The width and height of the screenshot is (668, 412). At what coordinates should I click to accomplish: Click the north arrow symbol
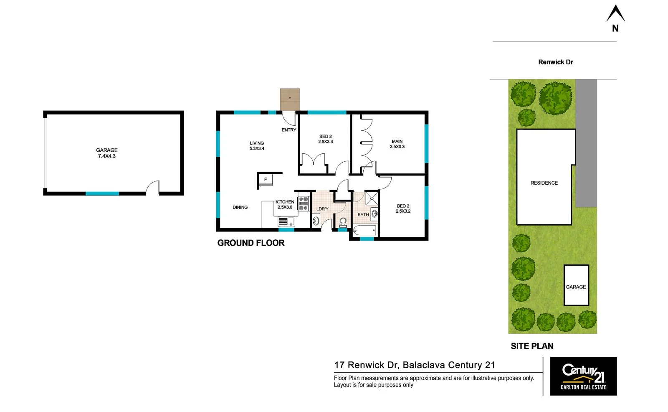[615, 14]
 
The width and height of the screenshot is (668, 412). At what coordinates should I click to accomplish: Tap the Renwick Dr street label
[555, 62]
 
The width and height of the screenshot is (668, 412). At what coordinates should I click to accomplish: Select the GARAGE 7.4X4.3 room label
[107, 153]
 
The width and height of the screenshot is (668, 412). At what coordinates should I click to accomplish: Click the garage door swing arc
[153, 187]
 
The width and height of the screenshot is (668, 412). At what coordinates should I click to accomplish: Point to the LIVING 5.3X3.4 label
[257, 145]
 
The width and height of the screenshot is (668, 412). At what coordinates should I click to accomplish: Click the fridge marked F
[266, 179]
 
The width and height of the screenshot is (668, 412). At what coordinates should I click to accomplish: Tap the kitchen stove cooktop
[304, 203]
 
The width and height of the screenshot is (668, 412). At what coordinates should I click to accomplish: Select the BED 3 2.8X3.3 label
[325, 139]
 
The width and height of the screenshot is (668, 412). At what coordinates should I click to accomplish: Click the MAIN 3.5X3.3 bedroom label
[397, 144]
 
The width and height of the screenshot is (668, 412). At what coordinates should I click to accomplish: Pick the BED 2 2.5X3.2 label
[403, 208]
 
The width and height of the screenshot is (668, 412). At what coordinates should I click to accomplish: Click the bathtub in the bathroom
[365, 230]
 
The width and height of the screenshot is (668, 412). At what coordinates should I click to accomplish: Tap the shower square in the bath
[372, 198]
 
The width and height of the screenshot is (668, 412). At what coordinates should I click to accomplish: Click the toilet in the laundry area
[343, 222]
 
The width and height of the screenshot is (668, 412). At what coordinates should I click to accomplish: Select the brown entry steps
[290, 99]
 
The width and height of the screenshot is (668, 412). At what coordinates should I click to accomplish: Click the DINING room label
[240, 207]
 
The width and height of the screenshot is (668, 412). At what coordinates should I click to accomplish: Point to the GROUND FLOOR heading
[250, 243]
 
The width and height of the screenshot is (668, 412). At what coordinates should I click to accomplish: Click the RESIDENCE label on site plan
[544, 183]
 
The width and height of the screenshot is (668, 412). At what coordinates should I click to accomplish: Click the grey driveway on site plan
[586, 142]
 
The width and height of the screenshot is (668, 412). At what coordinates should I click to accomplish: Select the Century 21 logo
[583, 376]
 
